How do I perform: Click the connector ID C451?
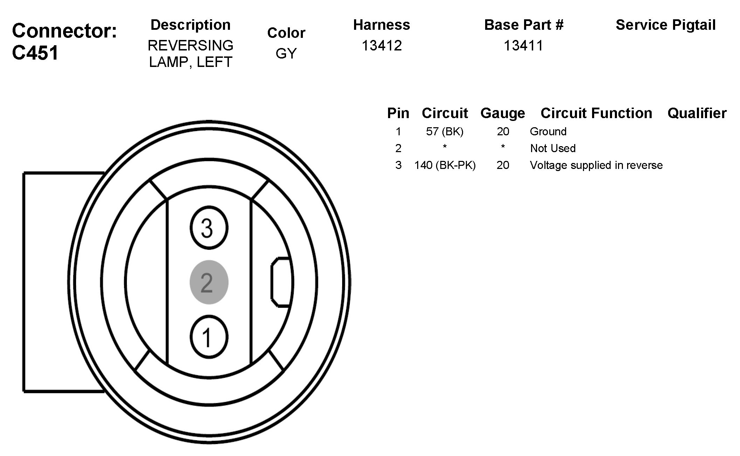point(35,53)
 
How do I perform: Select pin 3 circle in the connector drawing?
point(209,228)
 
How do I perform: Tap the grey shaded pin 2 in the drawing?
point(209,282)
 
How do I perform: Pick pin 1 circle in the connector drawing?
point(209,337)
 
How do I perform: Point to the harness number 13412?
point(381,46)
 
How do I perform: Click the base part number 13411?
point(523,46)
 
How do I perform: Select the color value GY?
point(286,53)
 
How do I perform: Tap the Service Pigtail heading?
point(666,25)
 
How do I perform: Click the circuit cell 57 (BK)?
point(445,131)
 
